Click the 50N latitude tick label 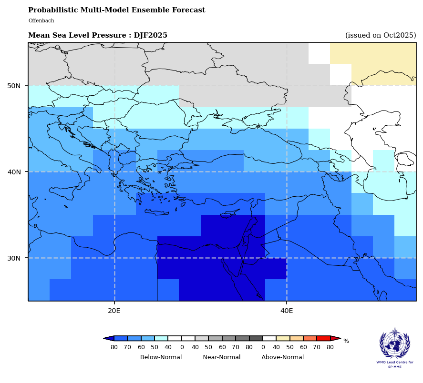point(14,86)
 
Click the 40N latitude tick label point(14,172)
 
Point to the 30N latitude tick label point(14,258)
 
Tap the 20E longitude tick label point(114,311)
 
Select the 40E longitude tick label point(287,311)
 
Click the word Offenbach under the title point(41,21)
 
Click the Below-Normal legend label point(161,357)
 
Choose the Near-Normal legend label point(222,357)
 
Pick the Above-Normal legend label point(282,357)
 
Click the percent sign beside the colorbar point(346,341)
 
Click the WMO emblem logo point(394,343)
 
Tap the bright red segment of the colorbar point(323,338)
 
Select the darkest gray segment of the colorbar point(256,338)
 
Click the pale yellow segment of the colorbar point(283,338)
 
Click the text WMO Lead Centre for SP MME point(394,364)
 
